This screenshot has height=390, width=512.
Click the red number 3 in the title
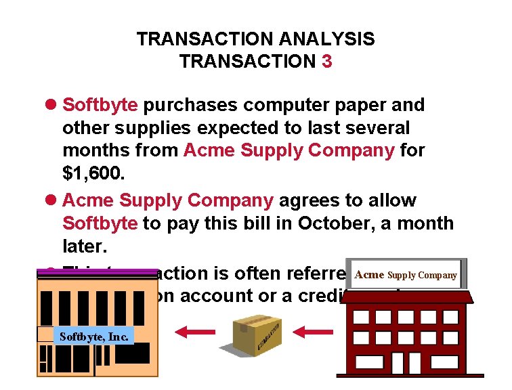coord(327,62)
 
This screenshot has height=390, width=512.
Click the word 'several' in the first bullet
coord(375,128)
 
